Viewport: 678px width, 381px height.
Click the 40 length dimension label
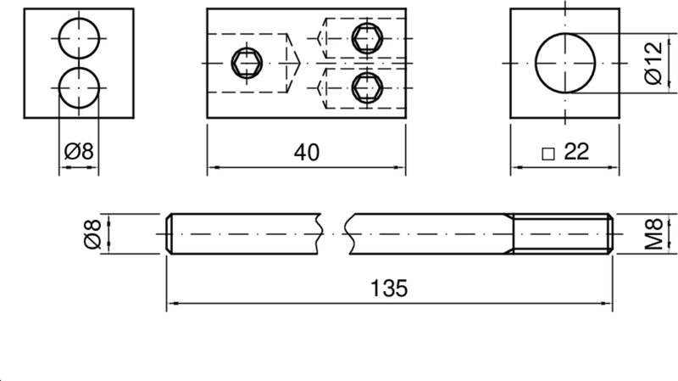click(307, 153)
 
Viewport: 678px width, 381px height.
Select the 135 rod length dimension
click(389, 289)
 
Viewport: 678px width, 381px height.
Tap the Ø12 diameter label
click(653, 63)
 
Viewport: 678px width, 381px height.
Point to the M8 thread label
click(653, 234)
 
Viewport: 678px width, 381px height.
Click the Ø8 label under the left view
click(79, 152)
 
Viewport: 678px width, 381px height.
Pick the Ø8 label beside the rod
click(92, 234)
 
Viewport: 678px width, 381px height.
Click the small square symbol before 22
click(548, 154)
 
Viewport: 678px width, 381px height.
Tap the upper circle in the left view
click(79, 18)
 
